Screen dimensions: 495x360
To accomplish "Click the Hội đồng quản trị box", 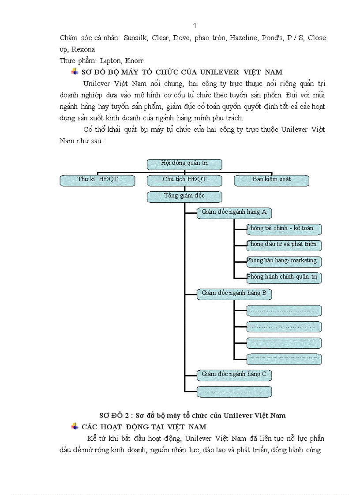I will point(184,164).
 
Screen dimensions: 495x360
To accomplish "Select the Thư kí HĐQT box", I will point(97,180).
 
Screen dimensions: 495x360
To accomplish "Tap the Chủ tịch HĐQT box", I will point(184,180).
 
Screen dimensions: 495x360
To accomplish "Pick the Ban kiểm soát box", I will point(271,180).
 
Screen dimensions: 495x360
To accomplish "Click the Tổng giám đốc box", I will point(184,197).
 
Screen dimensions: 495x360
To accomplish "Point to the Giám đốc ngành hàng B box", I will point(234,294).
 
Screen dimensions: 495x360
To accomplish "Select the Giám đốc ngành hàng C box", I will point(234,375).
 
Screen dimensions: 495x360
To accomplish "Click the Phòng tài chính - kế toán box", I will point(284,229).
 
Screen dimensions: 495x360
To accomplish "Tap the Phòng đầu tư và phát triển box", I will point(284,245).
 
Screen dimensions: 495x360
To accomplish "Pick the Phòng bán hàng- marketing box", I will point(284,261).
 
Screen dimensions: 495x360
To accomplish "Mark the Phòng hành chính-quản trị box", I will point(284,278).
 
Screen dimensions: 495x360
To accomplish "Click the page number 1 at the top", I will point(195,26).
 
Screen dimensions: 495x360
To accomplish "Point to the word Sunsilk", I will point(135,38).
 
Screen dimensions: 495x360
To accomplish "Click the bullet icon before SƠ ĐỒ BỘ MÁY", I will point(75,72).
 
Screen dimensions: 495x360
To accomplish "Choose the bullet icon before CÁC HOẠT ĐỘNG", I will point(75,426).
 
